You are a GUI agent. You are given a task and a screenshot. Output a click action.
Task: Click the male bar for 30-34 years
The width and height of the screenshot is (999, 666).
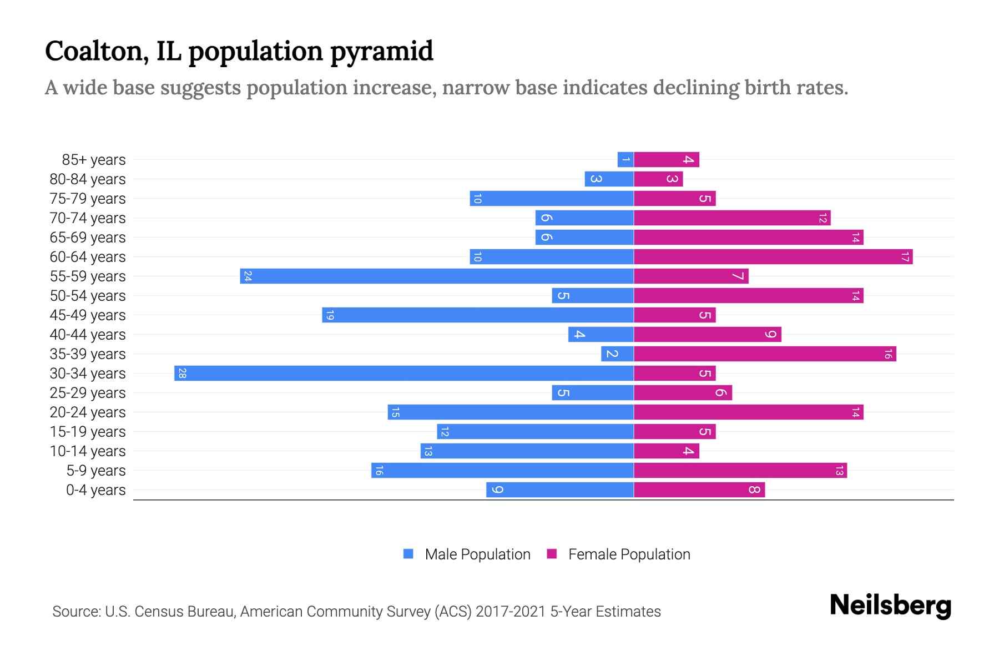pyautogui.click(x=404, y=373)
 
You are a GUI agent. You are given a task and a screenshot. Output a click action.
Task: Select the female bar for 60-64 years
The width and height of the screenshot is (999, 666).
pyautogui.click(x=773, y=256)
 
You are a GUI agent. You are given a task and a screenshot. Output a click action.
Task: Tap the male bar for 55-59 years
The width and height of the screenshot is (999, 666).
pyautogui.click(x=437, y=276)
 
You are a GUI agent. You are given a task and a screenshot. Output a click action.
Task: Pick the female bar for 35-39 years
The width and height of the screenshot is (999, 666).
pyautogui.click(x=765, y=354)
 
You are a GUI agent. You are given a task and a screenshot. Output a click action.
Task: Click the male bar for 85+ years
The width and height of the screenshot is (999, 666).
pyautogui.click(x=625, y=159)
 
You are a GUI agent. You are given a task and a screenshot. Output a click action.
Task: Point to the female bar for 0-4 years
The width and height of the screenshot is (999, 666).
pyautogui.click(x=699, y=490)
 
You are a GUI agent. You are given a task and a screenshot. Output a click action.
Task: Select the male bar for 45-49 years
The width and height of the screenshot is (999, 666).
pyautogui.click(x=478, y=315)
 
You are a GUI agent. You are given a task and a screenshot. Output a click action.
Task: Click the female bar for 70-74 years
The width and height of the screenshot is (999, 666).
pyautogui.click(x=732, y=218)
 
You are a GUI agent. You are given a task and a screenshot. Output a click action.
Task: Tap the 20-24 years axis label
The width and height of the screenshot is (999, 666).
pyautogui.click(x=88, y=412)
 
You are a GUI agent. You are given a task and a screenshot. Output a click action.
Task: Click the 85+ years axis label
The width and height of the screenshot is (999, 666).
pyautogui.click(x=94, y=160)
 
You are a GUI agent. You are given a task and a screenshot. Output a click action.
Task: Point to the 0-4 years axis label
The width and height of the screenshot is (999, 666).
pyautogui.click(x=95, y=490)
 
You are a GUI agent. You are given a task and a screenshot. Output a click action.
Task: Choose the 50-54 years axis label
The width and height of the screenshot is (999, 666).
pyautogui.click(x=88, y=296)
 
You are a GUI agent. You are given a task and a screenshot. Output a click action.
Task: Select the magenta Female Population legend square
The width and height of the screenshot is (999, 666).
pyautogui.click(x=552, y=554)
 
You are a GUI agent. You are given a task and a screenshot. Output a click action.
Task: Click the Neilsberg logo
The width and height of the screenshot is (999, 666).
pyautogui.click(x=890, y=606)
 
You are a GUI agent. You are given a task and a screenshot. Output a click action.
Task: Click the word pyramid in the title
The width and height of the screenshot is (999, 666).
pyautogui.click(x=381, y=51)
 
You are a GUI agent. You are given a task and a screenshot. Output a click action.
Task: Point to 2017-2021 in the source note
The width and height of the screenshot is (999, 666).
pyautogui.click(x=511, y=612)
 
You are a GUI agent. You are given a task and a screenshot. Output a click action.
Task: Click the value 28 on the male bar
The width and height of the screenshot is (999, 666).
pyautogui.click(x=182, y=373)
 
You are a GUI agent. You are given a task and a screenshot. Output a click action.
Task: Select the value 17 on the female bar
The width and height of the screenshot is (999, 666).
pyautogui.click(x=905, y=256)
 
